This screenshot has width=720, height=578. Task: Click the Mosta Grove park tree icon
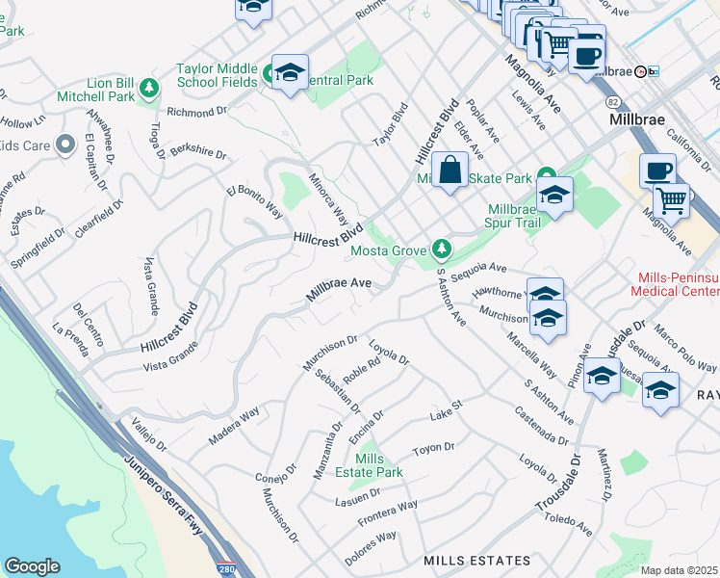[x=442, y=250]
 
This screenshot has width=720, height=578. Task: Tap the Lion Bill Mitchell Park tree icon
[x=149, y=90]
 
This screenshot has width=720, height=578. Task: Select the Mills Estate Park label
[x=377, y=465]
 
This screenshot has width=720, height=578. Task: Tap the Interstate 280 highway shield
[x=226, y=568]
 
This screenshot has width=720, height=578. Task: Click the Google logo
[x=32, y=565]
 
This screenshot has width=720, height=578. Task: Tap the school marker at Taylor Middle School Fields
[x=289, y=73]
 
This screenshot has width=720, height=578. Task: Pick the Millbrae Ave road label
[x=339, y=289]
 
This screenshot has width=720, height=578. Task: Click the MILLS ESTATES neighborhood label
[x=476, y=560]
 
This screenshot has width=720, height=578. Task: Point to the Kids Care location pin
[x=65, y=144]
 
